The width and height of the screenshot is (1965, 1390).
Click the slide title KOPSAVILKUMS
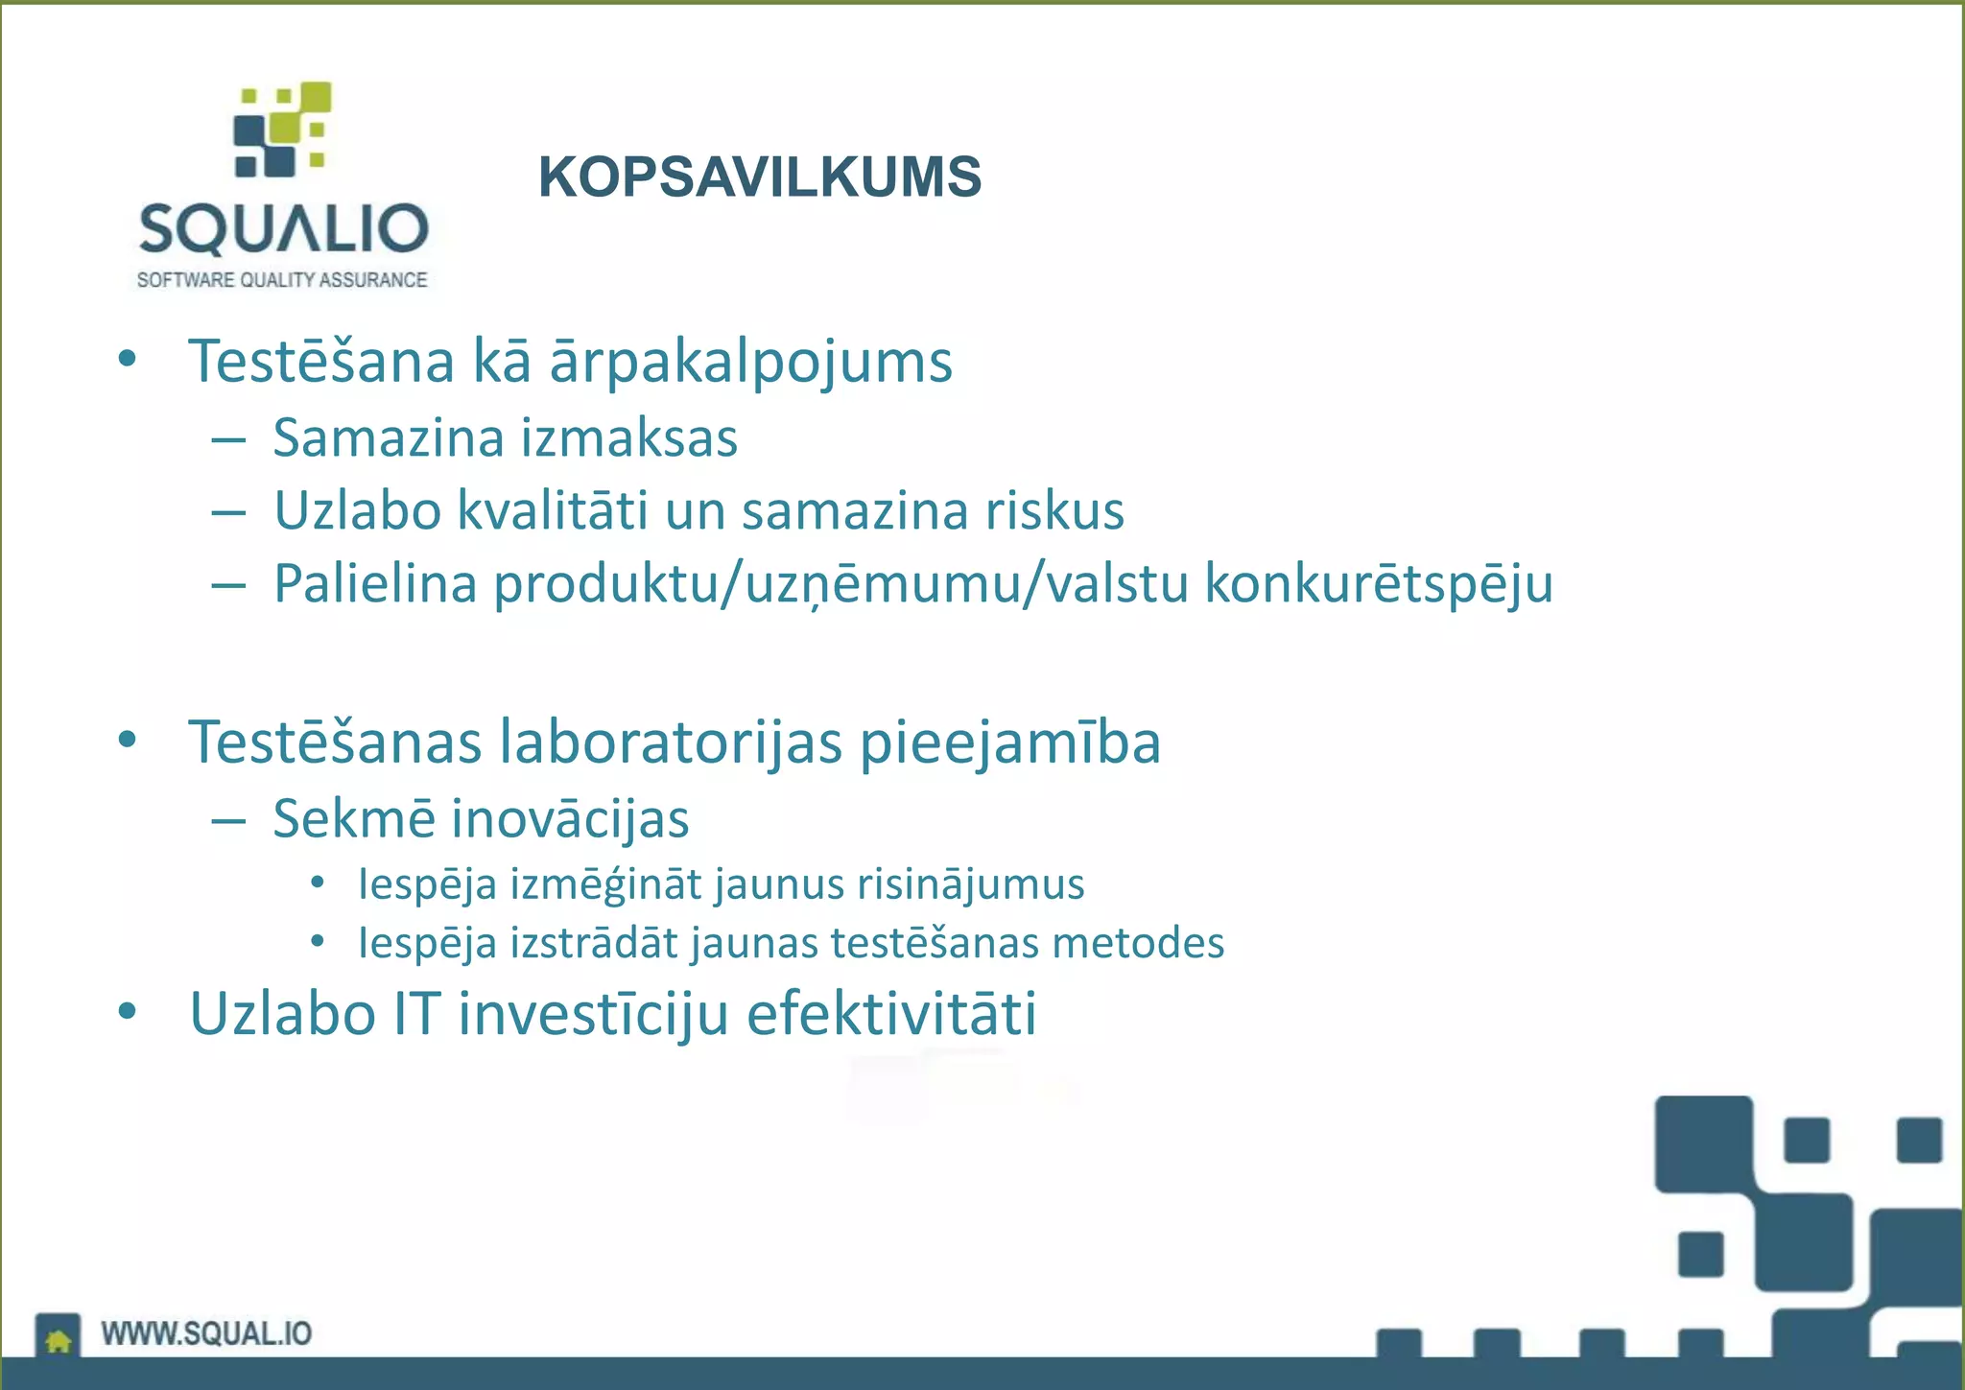759,177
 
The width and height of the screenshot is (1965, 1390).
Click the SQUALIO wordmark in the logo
283,228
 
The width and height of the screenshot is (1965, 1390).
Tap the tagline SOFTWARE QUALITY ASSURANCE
282,280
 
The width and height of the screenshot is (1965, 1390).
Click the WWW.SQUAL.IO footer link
206,1333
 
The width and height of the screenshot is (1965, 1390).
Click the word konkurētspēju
1378,584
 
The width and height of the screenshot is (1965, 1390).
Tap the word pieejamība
1009,743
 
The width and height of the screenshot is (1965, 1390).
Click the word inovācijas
570,820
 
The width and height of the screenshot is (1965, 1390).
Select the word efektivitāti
891,1014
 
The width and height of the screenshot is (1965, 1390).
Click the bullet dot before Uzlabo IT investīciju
128,1011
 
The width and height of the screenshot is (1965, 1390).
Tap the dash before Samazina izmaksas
229,441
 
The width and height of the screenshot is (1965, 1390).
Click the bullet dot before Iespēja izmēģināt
318,883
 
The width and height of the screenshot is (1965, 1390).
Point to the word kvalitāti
553,510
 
